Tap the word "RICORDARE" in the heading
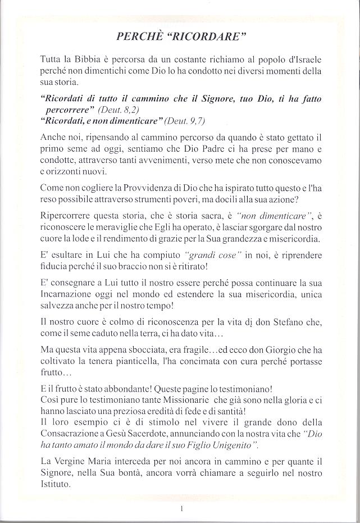(x=209, y=37)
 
